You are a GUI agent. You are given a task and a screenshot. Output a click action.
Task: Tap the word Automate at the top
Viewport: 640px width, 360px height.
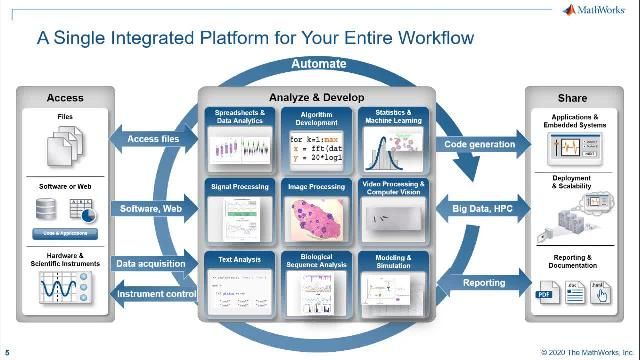pyautogui.click(x=319, y=65)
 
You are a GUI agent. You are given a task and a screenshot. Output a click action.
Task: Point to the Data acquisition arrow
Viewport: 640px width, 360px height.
pyautogui.click(x=150, y=264)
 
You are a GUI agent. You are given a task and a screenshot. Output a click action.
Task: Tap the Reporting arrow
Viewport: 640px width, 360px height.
pyautogui.click(x=482, y=284)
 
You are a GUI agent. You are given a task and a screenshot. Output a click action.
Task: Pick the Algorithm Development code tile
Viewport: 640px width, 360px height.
pyautogui.click(x=319, y=140)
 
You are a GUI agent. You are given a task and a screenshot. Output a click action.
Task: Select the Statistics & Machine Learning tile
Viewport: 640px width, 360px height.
pyautogui.click(x=393, y=140)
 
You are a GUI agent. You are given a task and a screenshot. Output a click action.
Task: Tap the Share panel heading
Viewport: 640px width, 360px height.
pyautogui.click(x=571, y=98)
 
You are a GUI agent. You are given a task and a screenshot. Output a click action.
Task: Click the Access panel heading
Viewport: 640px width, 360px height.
pyautogui.click(x=65, y=98)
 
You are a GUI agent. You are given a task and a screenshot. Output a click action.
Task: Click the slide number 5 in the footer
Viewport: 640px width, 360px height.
pyautogui.click(x=7, y=351)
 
